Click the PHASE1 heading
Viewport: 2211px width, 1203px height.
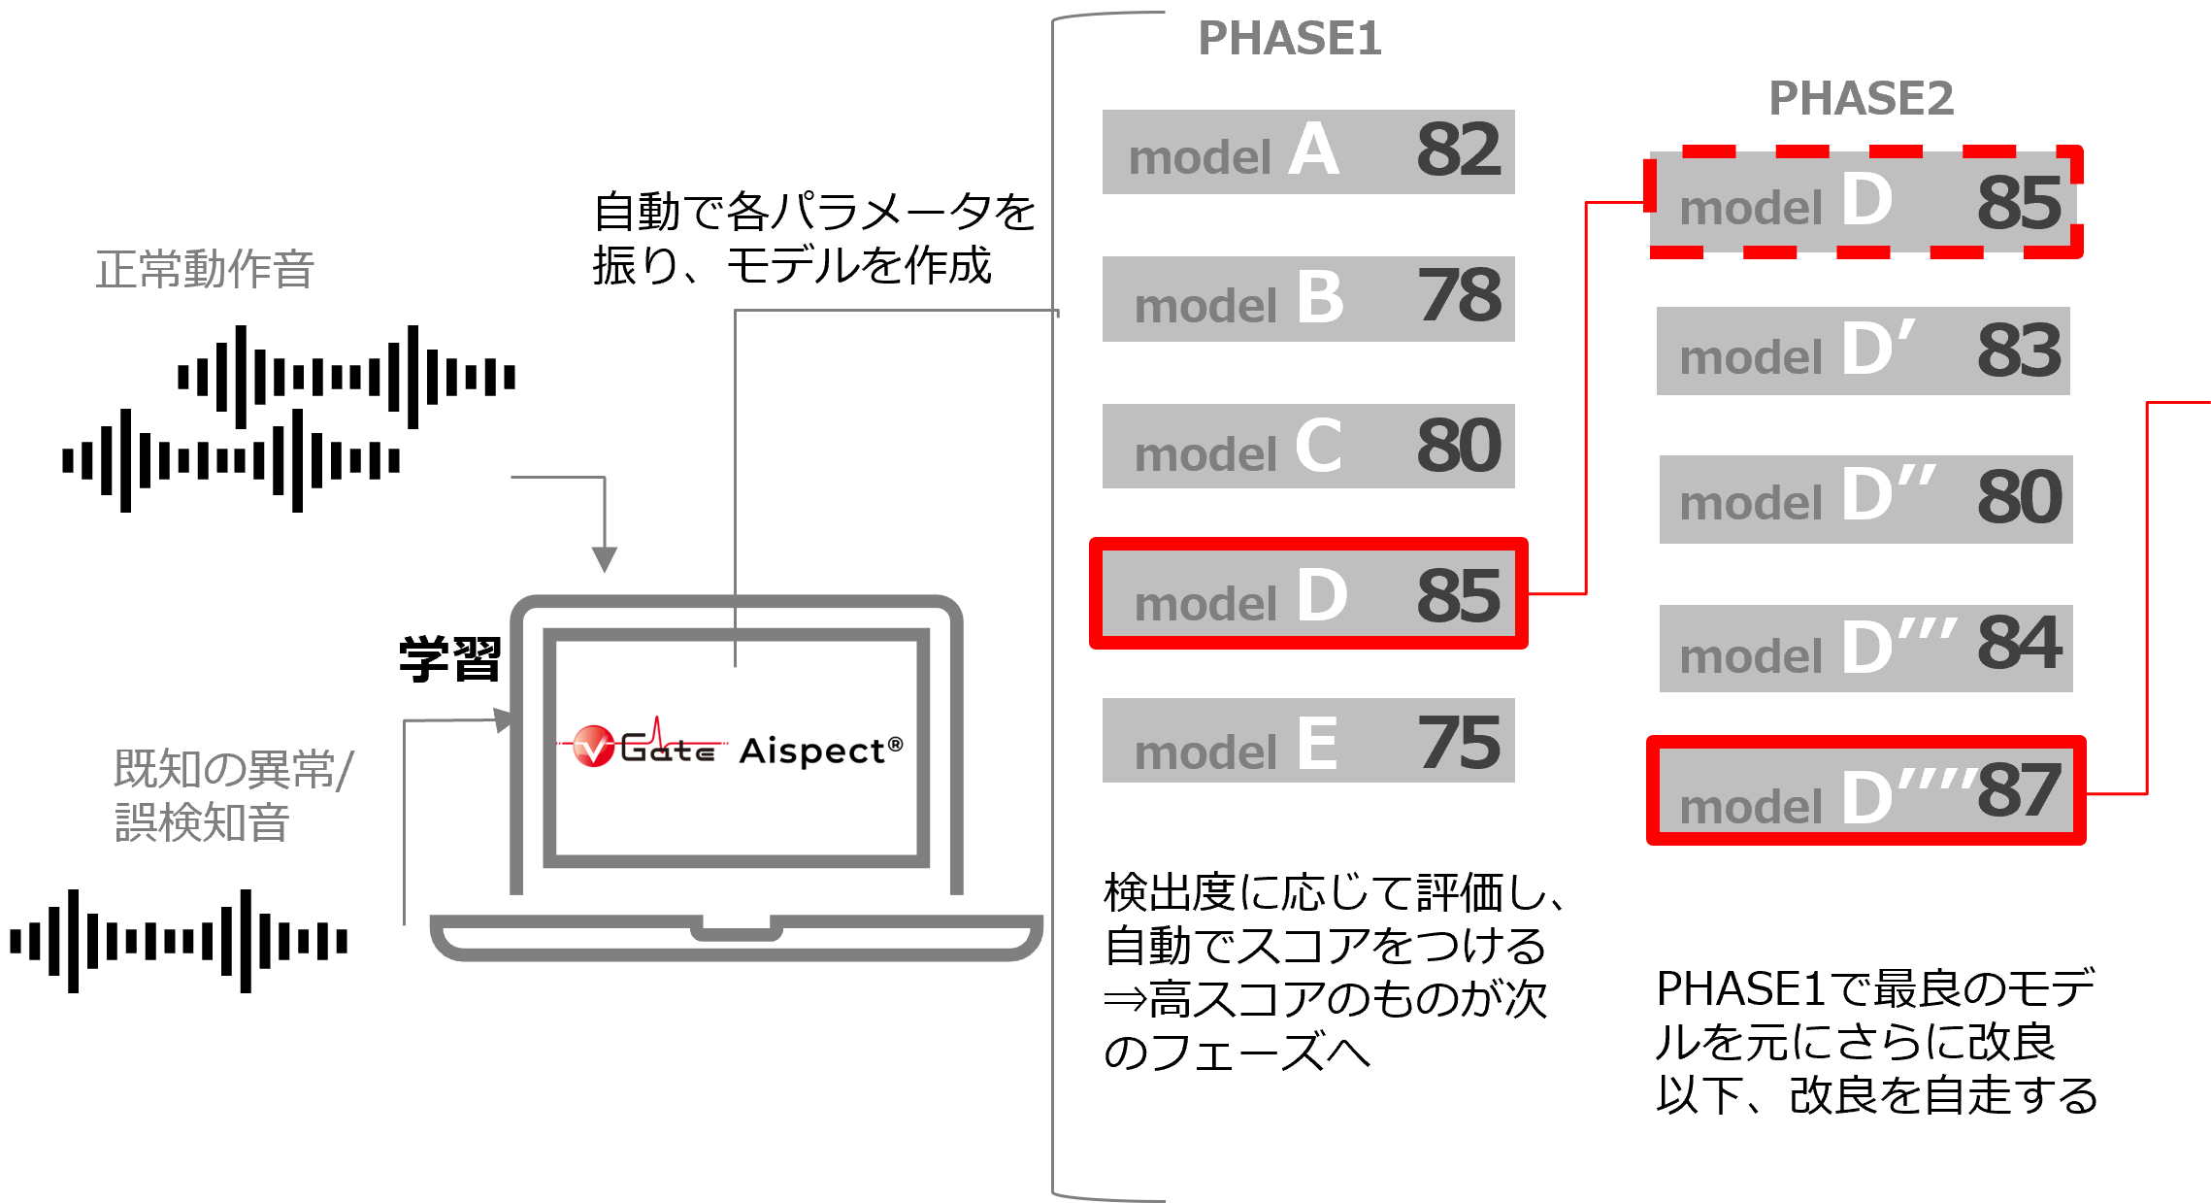[x=1289, y=39]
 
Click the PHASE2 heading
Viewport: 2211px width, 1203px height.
[x=1861, y=98]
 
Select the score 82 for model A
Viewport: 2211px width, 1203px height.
[x=1458, y=150]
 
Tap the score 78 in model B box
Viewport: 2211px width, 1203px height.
[x=1459, y=296]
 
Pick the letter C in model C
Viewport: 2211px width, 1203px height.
[x=1319, y=446]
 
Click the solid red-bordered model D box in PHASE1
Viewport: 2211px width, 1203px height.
[x=1308, y=593]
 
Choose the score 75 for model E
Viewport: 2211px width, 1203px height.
[x=1459, y=743]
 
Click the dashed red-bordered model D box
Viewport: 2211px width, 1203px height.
[x=1864, y=202]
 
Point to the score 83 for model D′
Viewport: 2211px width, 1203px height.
[x=2019, y=351]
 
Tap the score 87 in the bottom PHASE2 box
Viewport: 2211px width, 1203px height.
[x=2019, y=790]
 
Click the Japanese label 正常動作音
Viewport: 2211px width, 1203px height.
[x=205, y=270]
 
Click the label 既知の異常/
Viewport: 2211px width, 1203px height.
[x=233, y=769]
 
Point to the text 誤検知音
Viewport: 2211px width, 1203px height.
[x=202, y=822]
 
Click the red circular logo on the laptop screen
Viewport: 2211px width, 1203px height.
[x=593, y=747]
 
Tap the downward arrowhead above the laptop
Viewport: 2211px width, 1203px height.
[x=604, y=559]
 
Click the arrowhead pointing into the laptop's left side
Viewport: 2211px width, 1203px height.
[x=504, y=720]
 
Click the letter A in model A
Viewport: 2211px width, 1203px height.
[x=1314, y=150]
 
